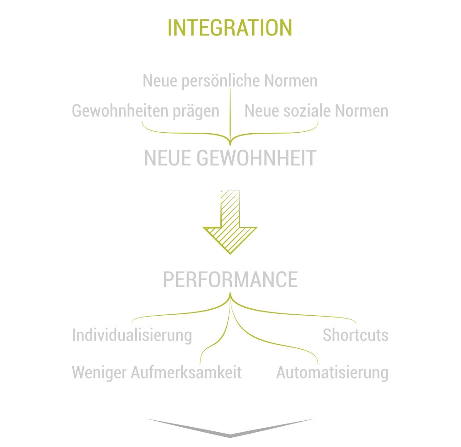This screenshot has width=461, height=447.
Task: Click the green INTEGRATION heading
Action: (230, 28)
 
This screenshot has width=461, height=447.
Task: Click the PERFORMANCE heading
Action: (230, 280)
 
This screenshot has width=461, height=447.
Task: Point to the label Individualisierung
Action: (132, 335)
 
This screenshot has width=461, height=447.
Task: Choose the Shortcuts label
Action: (355, 335)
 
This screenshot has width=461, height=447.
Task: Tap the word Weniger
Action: (99, 372)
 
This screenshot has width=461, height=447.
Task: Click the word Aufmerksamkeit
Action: (186, 372)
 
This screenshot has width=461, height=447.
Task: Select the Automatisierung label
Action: (332, 372)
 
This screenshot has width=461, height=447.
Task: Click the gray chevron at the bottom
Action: (230, 429)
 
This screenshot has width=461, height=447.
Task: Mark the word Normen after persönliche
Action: (291, 81)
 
